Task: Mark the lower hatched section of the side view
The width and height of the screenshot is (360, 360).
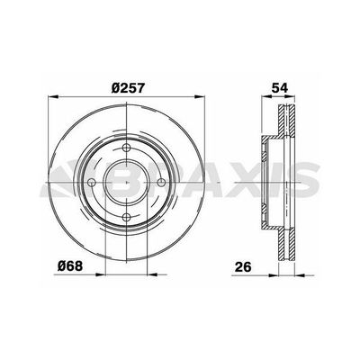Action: point(289,243)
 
